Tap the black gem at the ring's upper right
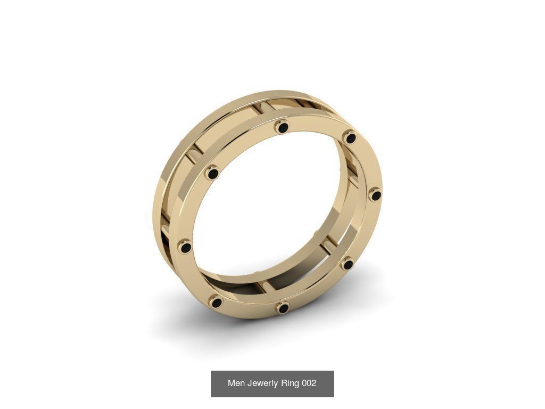[350, 138]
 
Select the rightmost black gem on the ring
[376, 195]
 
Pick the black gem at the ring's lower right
[348, 264]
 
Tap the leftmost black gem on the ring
[186, 247]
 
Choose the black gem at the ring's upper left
[213, 173]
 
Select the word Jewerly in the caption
[263, 383]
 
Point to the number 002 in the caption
[309, 383]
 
